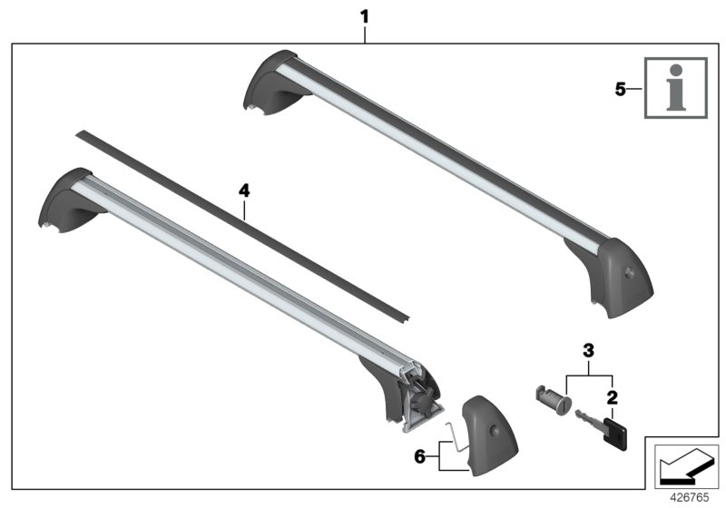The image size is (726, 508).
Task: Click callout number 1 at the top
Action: (x=365, y=15)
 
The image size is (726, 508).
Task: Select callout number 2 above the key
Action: (x=612, y=397)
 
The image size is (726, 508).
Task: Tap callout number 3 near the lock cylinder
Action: (x=588, y=349)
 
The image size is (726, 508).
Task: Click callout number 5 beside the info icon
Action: (x=621, y=90)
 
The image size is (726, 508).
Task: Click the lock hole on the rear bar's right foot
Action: (x=628, y=272)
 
